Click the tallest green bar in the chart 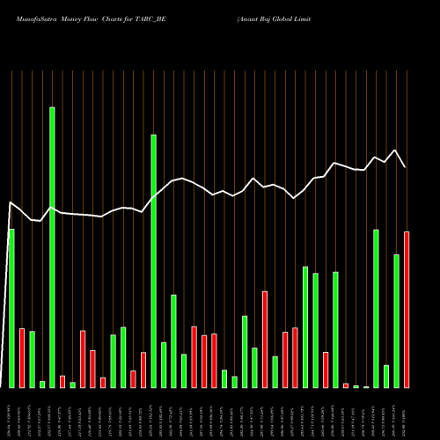pos(52,247)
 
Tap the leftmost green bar pos(11,308)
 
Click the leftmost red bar pos(22,358)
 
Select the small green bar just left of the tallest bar pos(42,384)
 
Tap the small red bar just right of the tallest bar pos(62,381)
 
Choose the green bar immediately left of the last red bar pos(396,321)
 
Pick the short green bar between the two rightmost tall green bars pos(386,377)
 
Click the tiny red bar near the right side pos(346,385)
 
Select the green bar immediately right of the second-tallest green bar pos(164,365)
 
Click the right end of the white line pos(406,167)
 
